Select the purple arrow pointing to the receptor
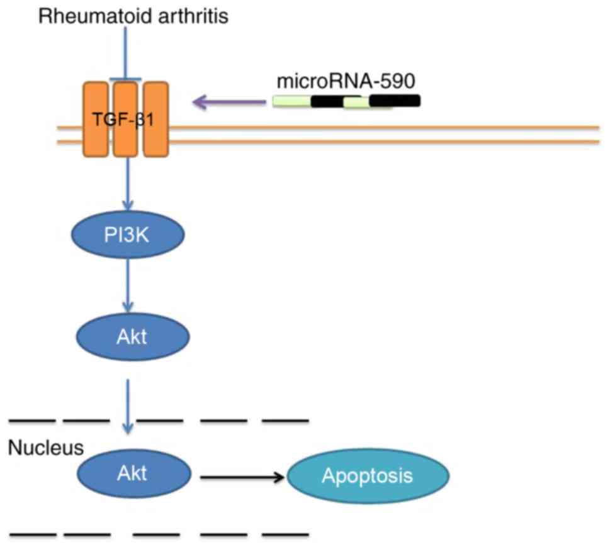pos(229,102)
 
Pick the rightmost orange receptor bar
pos(155,119)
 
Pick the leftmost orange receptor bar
pos(96,119)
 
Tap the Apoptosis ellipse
pos(368,476)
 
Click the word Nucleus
pos(45,448)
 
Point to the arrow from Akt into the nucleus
pos(128,405)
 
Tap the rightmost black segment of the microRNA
pos(395,101)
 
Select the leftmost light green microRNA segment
pos(291,101)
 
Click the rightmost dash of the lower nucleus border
pos(285,536)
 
